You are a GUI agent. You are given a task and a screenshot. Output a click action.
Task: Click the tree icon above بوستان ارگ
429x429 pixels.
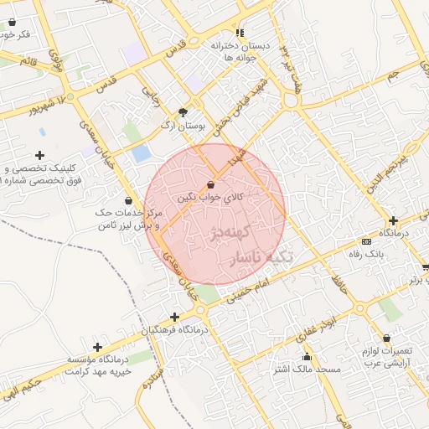[x=183, y=111]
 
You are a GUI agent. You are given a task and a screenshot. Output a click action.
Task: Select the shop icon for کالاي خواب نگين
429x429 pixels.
[x=210, y=184]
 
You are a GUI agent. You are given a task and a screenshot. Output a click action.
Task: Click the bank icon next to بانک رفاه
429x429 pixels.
[x=366, y=241]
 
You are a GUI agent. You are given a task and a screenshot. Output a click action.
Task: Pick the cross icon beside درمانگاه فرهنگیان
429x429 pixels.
[x=174, y=317]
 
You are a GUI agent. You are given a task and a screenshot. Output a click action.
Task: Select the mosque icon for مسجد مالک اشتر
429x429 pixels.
[x=276, y=367]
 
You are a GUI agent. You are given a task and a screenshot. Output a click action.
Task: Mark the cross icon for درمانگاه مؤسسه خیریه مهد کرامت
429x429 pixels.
[x=98, y=346]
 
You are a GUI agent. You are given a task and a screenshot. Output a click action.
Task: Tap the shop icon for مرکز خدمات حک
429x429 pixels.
[x=127, y=201]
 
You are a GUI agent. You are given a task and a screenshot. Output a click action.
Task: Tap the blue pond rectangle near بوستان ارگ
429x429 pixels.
[x=142, y=153]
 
